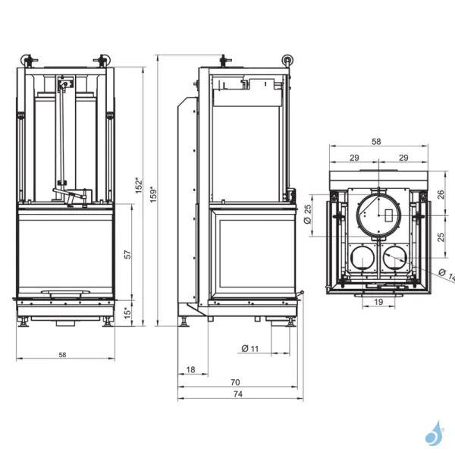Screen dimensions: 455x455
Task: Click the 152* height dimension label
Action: [x=138, y=184]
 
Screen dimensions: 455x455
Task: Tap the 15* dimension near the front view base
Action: [x=127, y=312]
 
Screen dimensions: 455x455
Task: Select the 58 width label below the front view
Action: [x=62, y=354]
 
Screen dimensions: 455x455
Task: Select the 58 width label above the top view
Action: [x=377, y=142]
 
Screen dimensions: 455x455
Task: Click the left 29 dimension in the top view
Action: [x=354, y=157]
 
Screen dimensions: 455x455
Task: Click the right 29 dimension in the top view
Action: [x=403, y=157]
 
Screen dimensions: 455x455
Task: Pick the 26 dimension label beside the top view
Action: [x=441, y=194]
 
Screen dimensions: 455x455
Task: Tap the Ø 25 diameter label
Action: [x=308, y=215]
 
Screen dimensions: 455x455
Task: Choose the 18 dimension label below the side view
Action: [x=190, y=370]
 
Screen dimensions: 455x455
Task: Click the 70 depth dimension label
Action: [x=235, y=382]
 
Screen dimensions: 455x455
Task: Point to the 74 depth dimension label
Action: [x=237, y=394]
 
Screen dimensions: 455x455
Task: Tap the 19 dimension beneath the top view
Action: [x=377, y=302]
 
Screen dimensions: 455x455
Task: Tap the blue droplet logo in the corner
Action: [x=435, y=433]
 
